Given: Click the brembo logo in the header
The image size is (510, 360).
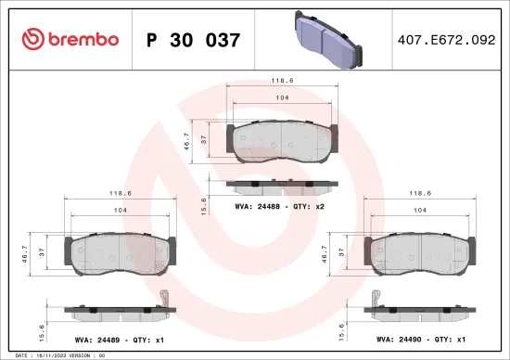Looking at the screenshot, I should tap(70, 39).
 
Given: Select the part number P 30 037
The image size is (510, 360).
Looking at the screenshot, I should tap(194, 40).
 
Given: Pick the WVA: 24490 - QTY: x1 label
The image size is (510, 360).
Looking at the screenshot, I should tap(419, 341).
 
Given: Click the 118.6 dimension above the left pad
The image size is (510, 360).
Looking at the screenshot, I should tap(120, 193).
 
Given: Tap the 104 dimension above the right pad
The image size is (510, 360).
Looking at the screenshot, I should tap(421, 212).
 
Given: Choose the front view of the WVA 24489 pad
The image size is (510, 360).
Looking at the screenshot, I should tap(120, 251).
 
